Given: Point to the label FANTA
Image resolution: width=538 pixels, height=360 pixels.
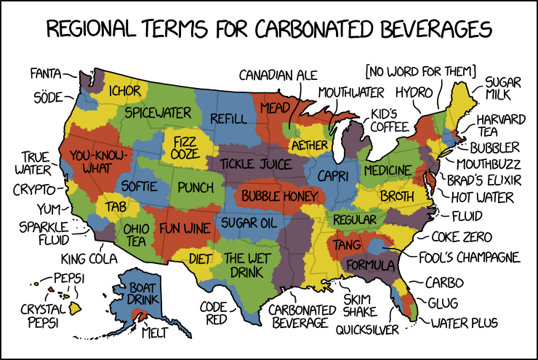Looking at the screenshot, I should tap(45, 73).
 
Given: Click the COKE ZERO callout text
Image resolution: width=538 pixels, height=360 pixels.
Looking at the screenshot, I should tap(462, 237).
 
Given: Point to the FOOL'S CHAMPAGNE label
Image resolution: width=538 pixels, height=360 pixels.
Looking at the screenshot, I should tap(470, 257).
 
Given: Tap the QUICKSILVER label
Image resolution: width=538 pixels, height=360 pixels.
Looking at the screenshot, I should tap(367, 329).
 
